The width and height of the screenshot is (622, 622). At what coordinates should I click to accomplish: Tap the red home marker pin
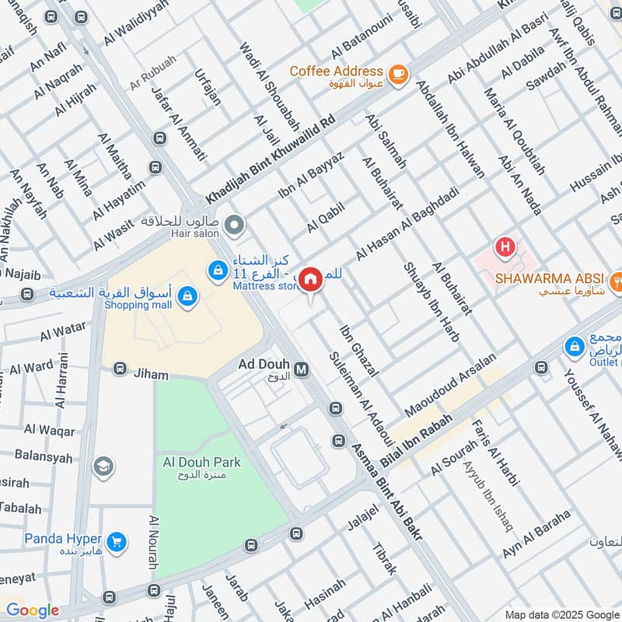click(x=311, y=279)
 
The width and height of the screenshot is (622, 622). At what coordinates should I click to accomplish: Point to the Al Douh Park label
click(x=201, y=463)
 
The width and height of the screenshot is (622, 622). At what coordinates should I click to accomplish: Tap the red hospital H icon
click(x=505, y=248)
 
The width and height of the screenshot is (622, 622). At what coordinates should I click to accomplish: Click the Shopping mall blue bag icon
click(x=187, y=296)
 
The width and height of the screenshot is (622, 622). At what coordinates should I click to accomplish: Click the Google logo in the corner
click(x=32, y=610)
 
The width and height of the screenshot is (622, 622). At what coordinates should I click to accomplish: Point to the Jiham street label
click(x=150, y=375)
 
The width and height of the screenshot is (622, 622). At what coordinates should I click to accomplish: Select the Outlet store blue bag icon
click(x=575, y=346)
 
